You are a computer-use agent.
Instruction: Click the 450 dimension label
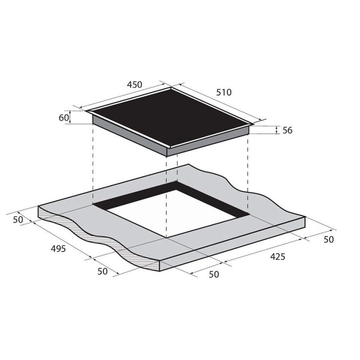134,84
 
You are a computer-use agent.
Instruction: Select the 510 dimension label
224,92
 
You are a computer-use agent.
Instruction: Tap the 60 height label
64,118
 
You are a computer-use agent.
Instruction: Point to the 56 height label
287,130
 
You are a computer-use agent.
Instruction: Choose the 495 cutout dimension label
58,248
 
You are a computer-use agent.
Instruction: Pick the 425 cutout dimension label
277,256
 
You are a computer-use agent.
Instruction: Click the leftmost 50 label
18,219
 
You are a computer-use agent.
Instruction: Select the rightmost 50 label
328,239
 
